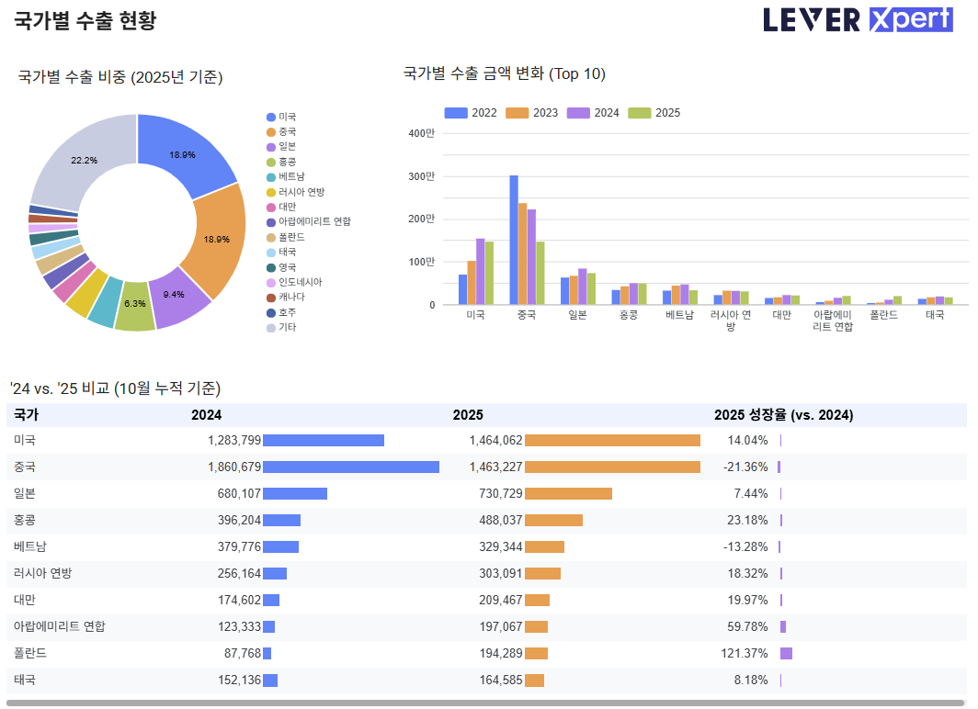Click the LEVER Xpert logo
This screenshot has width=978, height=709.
tap(858, 20)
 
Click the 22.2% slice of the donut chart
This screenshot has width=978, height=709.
tap(83, 158)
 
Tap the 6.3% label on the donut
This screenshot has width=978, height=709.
tap(135, 303)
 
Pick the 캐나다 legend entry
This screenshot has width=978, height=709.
tap(291, 298)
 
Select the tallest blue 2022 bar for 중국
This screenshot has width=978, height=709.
tap(514, 240)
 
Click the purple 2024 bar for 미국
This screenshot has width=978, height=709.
tap(480, 271)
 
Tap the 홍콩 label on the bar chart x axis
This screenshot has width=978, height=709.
tap(628, 315)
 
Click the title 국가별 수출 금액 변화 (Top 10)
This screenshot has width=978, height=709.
tap(504, 74)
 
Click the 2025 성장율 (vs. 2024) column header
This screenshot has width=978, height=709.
tap(783, 415)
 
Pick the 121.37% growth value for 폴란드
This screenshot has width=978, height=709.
tap(745, 654)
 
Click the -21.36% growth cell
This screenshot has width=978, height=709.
tap(745, 467)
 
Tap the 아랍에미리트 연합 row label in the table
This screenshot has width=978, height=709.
tap(60, 627)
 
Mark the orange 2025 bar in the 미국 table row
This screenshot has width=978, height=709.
tap(612, 441)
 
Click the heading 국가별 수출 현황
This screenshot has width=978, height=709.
tap(85, 21)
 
